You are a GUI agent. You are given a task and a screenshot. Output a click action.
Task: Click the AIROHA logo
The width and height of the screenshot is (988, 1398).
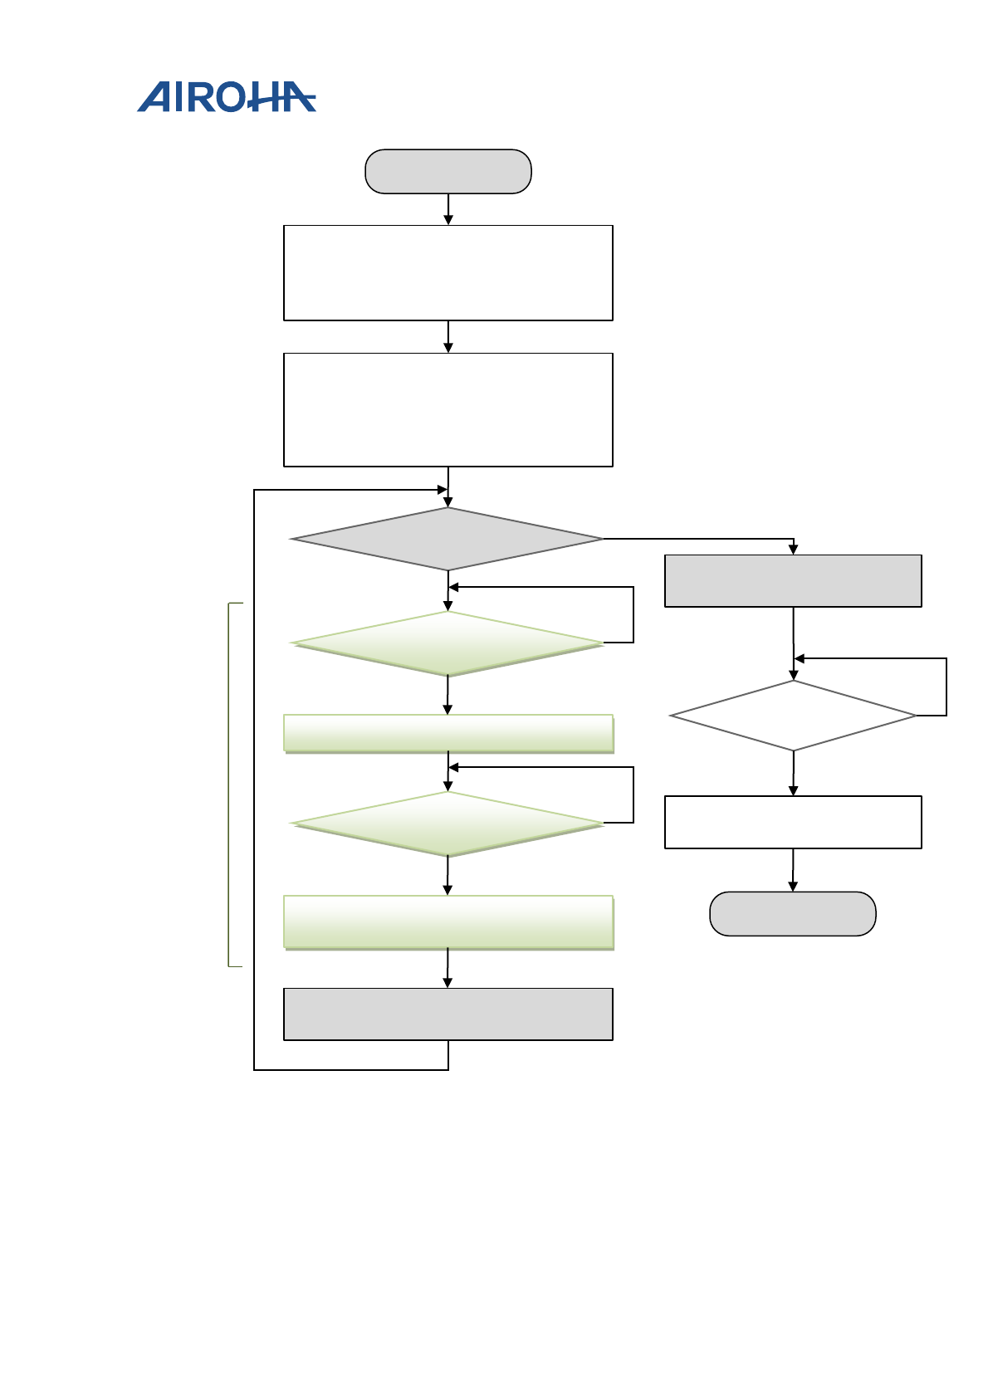click(x=226, y=97)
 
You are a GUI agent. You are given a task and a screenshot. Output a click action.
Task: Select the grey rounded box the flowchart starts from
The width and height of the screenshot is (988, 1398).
click(x=448, y=172)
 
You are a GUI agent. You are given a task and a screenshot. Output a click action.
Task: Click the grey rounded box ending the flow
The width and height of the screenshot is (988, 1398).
click(x=792, y=914)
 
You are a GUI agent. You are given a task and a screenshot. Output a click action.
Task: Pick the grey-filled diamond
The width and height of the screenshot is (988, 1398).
click(x=448, y=539)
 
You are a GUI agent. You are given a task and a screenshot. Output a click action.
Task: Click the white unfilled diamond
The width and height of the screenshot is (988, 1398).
click(x=793, y=716)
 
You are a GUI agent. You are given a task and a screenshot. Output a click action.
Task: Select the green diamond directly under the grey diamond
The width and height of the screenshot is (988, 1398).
click(x=448, y=643)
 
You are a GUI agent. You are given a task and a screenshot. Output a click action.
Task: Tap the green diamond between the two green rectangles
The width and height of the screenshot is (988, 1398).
click(x=448, y=824)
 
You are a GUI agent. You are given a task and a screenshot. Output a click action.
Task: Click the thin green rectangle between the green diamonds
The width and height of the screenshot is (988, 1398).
click(x=448, y=734)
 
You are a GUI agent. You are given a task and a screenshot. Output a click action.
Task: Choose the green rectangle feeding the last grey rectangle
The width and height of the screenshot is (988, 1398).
click(x=448, y=921)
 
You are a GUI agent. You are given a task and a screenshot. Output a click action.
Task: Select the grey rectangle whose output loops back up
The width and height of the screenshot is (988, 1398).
click(x=448, y=1014)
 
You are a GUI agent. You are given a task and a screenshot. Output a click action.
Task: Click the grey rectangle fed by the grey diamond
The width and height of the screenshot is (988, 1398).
click(x=793, y=580)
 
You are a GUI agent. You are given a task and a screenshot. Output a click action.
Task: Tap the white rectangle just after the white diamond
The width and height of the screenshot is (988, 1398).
click(x=793, y=822)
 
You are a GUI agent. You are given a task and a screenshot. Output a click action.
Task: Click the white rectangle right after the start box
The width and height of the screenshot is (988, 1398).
click(x=448, y=272)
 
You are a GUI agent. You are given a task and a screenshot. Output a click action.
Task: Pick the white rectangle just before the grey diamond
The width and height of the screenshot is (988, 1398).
click(x=448, y=409)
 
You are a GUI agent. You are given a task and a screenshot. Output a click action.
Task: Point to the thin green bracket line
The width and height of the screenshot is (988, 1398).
click(x=229, y=785)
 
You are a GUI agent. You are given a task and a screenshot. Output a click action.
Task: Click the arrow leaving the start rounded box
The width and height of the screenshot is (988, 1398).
click(x=448, y=209)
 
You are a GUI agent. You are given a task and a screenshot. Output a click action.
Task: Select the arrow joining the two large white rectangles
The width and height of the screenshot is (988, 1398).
click(x=448, y=337)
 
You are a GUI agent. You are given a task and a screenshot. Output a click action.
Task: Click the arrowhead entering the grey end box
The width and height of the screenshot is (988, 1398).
click(x=793, y=886)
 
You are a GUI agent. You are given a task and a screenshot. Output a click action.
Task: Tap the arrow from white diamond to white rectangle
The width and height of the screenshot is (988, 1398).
click(x=794, y=774)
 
